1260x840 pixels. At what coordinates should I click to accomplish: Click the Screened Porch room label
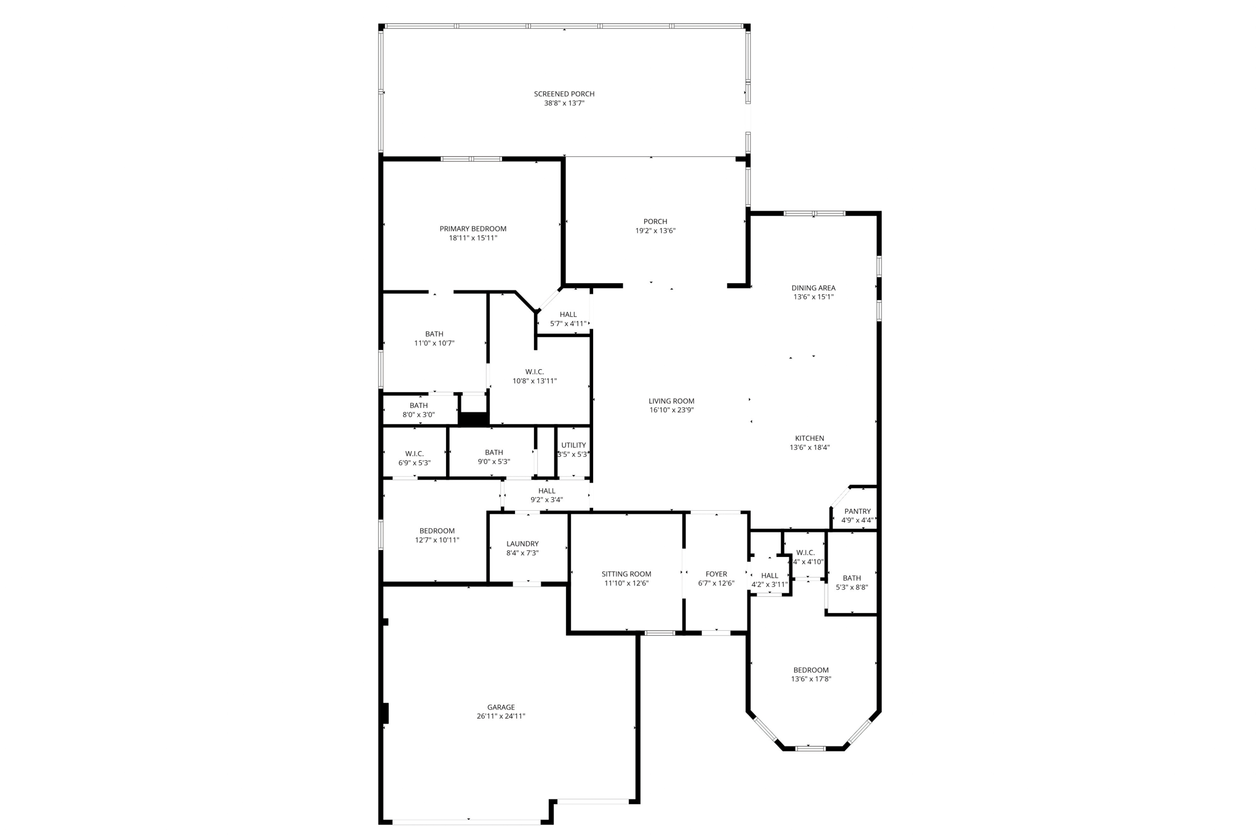point(564,94)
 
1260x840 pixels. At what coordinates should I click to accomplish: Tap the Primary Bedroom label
point(472,229)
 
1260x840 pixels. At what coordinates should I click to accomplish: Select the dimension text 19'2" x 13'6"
point(655,231)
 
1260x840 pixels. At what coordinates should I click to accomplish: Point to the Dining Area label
point(813,288)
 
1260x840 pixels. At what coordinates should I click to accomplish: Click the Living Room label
point(671,401)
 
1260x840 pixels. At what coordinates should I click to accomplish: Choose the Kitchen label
point(809,439)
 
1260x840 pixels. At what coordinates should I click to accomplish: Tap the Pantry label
point(857,511)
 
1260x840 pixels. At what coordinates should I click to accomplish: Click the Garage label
point(501,708)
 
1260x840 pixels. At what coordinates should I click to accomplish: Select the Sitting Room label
point(626,574)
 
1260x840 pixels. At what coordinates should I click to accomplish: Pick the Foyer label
point(716,574)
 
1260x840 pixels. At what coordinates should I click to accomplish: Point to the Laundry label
point(522,544)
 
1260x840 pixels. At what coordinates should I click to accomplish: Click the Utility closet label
point(573,446)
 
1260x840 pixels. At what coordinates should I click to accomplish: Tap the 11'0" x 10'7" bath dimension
point(434,343)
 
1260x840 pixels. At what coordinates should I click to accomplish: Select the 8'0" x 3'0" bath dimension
point(418,415)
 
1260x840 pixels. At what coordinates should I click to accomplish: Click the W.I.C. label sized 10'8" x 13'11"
point(534,372)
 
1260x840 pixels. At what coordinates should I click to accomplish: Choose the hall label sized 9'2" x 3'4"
point(546,491)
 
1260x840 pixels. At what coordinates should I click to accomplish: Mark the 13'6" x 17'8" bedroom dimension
point(811,679)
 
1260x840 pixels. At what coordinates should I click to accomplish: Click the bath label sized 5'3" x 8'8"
point(851,578)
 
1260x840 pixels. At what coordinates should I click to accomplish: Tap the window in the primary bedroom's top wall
point(471,159)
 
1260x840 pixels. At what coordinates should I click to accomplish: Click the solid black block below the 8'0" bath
point(473,419)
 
